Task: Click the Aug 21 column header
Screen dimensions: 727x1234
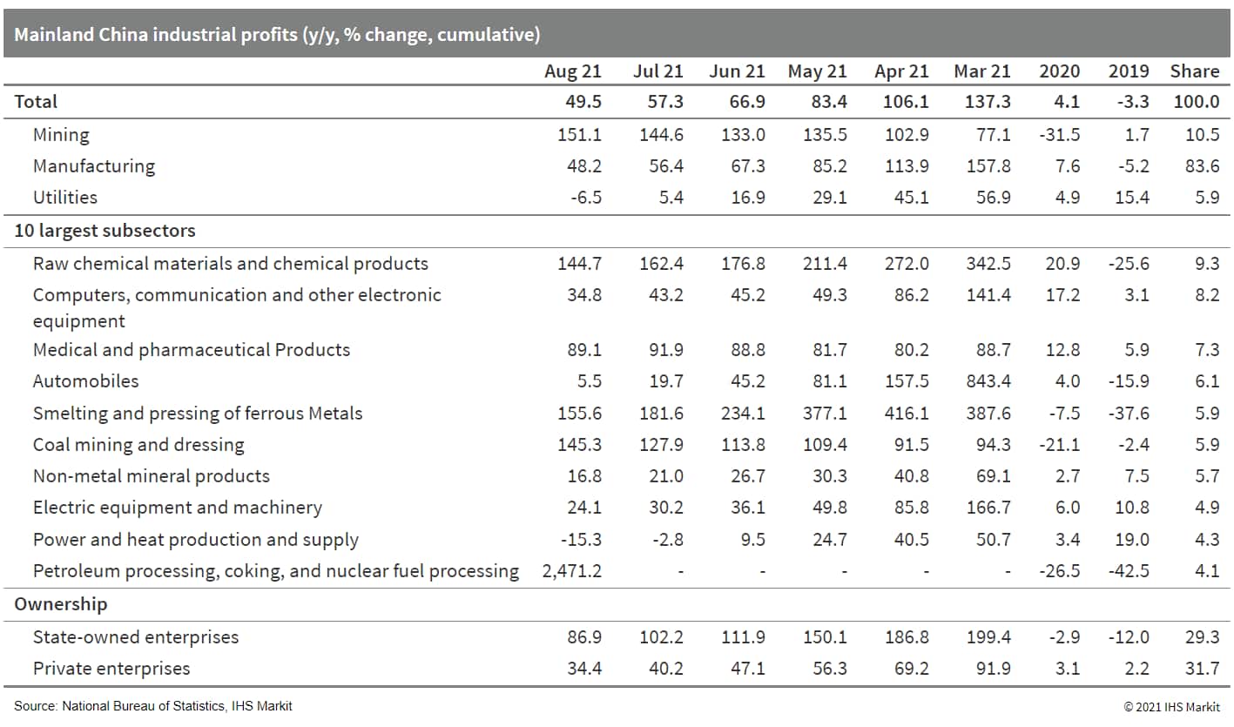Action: pyautogui.click(x=572, y=71)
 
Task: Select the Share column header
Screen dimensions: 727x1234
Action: pyautogui.click(x=1194, y=71)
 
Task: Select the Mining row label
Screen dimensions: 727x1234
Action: pyautogui.click(x=61, y=135)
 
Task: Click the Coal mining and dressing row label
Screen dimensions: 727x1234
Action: pyautogui.click(x=138, y=445)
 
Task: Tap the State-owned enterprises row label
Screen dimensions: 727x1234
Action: pyautogui.click(x=135, y=637)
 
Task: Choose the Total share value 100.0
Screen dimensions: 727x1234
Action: pyautogui.click(x=1196, y=102)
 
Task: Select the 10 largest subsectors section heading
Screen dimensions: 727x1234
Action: pyautogui.click(x=105, y=231)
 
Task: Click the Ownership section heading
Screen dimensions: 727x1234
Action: pyautogui.click(x=60, y=604)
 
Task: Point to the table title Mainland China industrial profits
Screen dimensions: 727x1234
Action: pyautogui.click(x=277, y=35)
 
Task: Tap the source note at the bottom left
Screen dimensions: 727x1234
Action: pyautogui.click(x=152, y=706)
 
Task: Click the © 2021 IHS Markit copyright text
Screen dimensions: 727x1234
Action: pyautogui.click(x=1171, y=706)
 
